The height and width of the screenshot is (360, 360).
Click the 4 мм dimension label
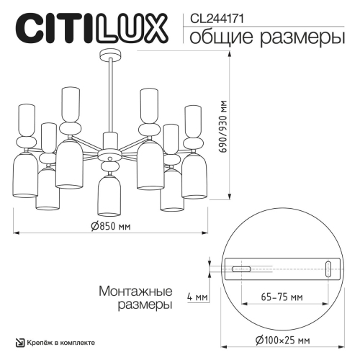point(196,297)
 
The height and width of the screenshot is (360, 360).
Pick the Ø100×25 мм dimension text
point(282,340)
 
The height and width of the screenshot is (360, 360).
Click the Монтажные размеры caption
point(135,298)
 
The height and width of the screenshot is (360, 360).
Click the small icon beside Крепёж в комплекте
point(20,341)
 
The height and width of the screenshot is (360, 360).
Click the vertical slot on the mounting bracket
point(328,269)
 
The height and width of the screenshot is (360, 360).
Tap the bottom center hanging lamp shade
point(110,195)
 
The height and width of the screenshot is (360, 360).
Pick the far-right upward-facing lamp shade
point(192,119)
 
